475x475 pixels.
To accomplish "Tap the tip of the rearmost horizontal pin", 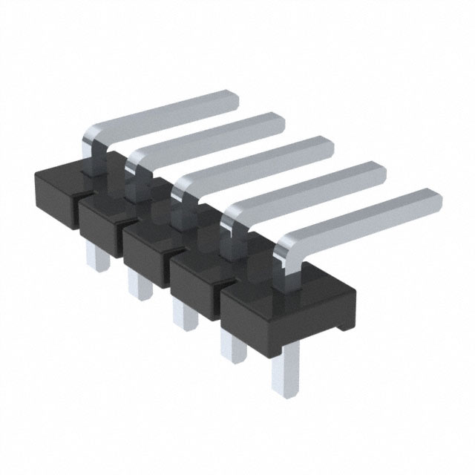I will pyautogui.click(x=230, y=99).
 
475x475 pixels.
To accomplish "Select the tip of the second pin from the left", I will pyautogui.click(x=276, y=121).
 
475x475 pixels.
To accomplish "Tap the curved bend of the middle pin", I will pyautogui.click(x=182, y=189).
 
